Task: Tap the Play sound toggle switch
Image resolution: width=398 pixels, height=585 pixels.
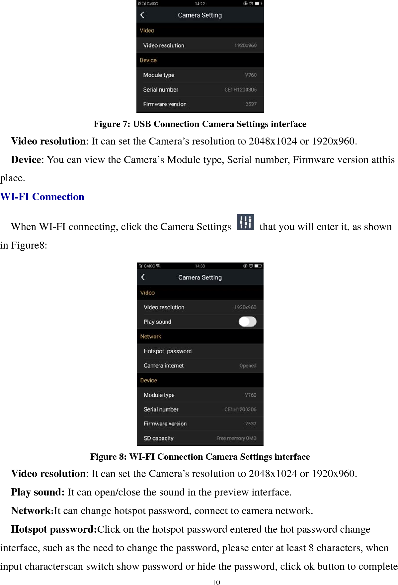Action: (x=247, y=322)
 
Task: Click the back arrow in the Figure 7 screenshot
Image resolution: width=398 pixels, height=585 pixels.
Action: (x=142, y=15)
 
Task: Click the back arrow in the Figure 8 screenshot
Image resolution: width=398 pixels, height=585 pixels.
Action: (x=143, y=277)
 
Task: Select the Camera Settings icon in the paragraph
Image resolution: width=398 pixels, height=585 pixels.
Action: (x=245, y=222)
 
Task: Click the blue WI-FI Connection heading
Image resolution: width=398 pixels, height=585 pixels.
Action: (x=42, y=197)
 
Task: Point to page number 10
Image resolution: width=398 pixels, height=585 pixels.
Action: (x=216, y=582)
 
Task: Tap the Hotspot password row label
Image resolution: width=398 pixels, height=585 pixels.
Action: (x=167, y=351)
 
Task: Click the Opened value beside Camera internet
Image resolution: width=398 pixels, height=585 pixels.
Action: (x=248, y=366)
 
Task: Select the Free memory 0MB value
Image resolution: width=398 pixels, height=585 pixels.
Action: (x=236, y=438)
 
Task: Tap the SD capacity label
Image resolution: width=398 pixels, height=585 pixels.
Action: (x=158, y=438)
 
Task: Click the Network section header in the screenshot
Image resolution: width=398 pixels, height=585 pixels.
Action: (x=151, y=336)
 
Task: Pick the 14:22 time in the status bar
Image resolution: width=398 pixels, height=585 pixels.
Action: (x=200, y=4)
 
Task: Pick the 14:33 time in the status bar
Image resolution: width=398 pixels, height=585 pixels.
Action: (x=200, y=266)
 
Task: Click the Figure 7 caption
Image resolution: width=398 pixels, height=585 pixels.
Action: (x=200, y=124)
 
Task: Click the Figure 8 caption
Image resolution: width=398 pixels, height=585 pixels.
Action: (x=200, y=457)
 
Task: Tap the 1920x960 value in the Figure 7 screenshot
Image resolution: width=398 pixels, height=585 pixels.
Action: (x=245, y=45)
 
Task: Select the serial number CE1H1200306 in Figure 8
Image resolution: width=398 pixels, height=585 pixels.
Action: (x=240, y=409)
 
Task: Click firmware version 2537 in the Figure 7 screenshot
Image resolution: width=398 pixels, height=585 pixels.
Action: (x=251, y=104)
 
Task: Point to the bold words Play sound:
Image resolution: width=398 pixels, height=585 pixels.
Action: (x=38, y=492)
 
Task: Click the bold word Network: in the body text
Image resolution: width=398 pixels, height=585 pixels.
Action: (x=32, y=511)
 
